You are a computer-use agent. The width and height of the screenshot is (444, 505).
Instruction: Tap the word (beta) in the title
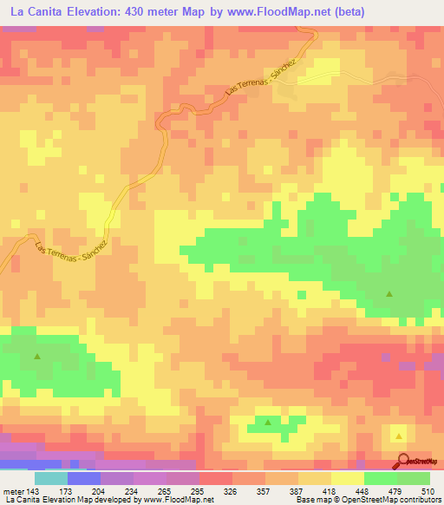(x=344, y=12)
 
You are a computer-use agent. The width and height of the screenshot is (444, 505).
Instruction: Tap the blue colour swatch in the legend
(x=84, y=478)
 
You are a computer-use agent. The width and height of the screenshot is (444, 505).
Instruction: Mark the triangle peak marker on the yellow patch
(x=398, y=436)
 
